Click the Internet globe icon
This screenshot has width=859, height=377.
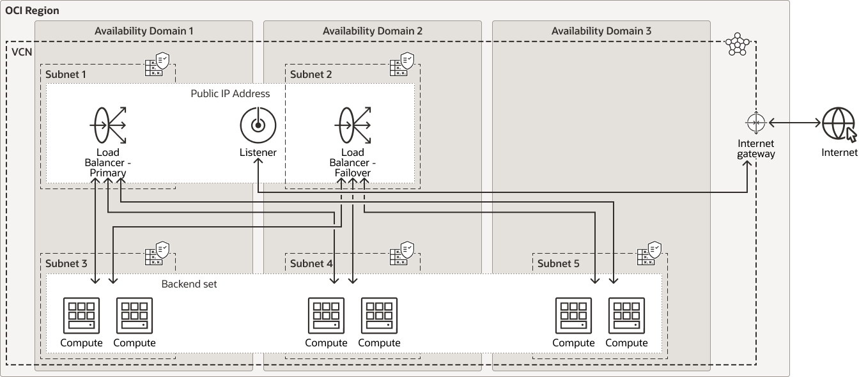coord(839,124)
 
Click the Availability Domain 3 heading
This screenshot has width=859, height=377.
coord(601,31)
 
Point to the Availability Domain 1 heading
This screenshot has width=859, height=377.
coord(144,31)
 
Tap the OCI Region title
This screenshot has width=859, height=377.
coord(32,10)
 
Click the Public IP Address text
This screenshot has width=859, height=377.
coord(230,93)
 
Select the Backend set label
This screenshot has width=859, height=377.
coord(189,284)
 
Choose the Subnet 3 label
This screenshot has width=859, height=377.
coord(66,263)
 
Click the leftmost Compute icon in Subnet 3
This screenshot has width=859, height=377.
coord(82,316)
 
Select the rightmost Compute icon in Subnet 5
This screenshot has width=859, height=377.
coord(626,316)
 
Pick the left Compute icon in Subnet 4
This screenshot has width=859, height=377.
coord(326,316)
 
